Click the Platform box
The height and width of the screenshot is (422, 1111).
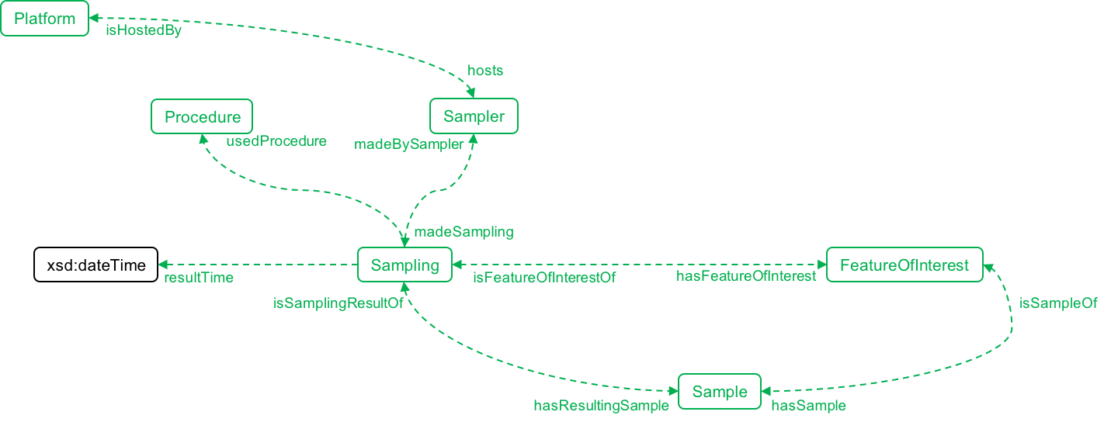click(45, 19)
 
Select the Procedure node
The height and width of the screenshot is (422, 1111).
click(202, 117)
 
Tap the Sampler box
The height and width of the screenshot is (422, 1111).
click(474, 117)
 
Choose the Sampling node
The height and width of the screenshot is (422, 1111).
click(404, 265)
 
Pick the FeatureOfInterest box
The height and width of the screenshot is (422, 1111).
click(904, 265)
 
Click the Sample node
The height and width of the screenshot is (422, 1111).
click(720, 392)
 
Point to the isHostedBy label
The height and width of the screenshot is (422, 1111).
click(144, 32)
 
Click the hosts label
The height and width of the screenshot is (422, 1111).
click(485, 71)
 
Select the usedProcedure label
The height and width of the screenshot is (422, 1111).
click(276, 141)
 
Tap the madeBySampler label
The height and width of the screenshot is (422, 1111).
click(409, 144)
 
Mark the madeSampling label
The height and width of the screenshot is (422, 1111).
click(463, 231)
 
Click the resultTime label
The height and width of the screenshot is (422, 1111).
click(198, 278)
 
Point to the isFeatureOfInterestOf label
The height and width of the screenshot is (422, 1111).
click(544, 278)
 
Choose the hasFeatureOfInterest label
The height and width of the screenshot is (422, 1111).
click(746, 276)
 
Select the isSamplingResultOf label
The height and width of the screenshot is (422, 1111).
click(338, 303)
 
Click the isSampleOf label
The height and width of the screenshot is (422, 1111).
click(1058, 303)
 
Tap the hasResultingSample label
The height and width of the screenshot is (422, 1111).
click(601, 405)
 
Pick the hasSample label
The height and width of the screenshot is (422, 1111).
click(808, 405)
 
